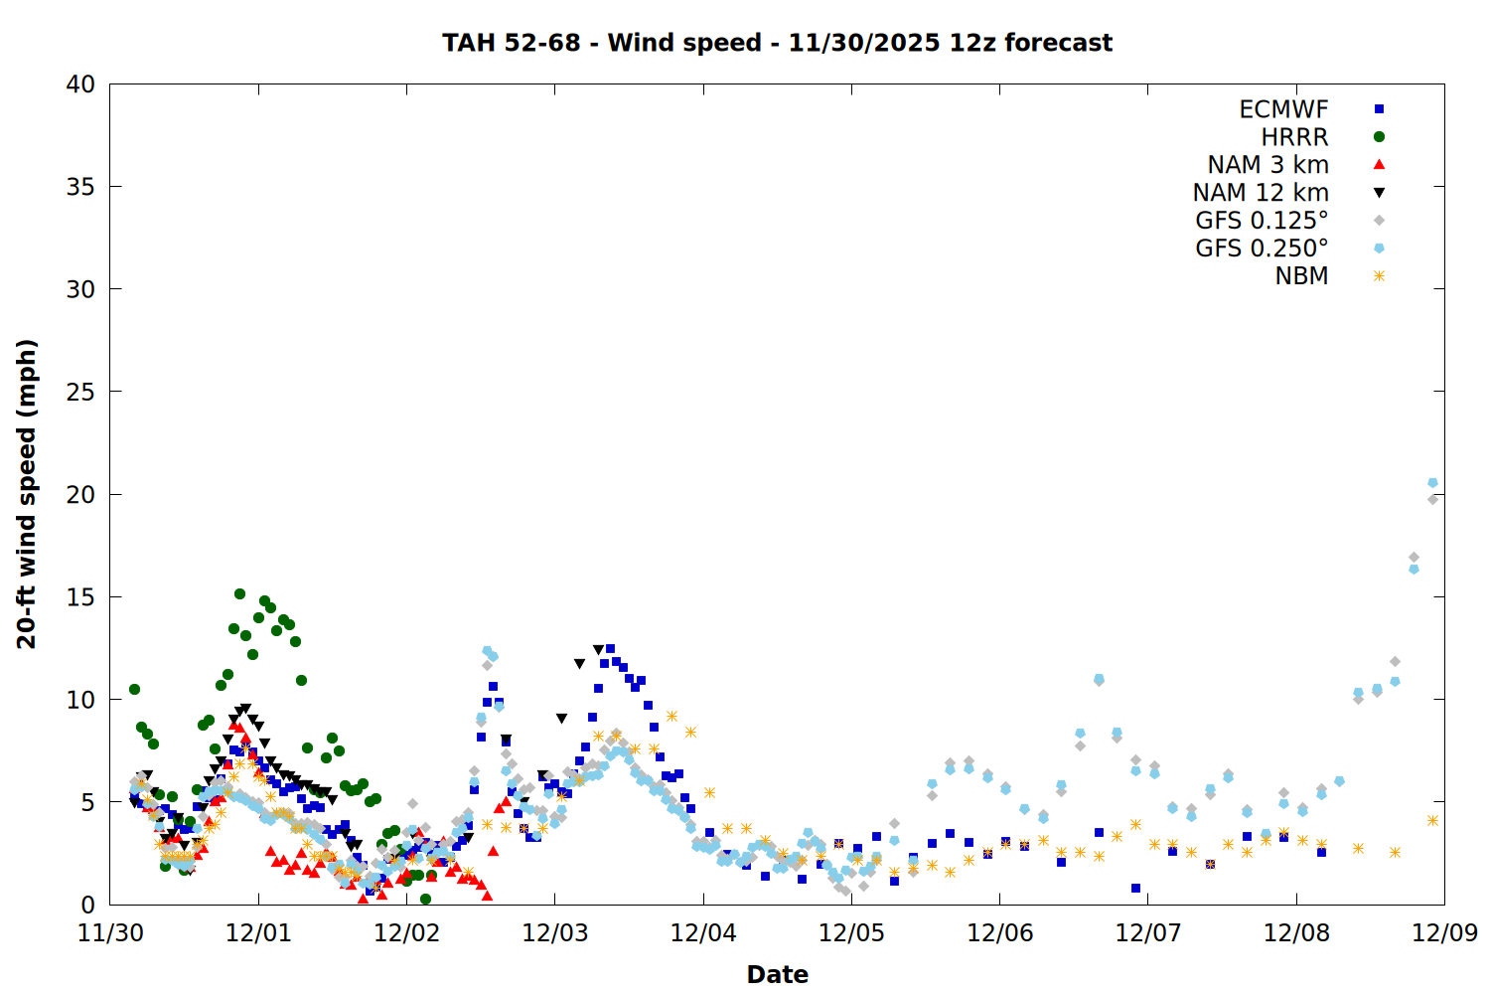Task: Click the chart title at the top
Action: (777, 43)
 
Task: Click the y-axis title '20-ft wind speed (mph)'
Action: (27, 494)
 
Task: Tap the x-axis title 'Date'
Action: (777, 974)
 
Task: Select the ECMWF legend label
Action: (1283, 109)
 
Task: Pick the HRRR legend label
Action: (1294, 137)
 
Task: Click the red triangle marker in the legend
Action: (1379, 164)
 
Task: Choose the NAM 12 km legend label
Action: (1261, 193)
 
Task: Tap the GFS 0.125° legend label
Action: (1262, 221)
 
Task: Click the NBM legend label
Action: (1301, 276)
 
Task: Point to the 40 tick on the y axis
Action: (80, 84)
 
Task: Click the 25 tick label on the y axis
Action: (80, 392)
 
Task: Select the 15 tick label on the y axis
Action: (80, 597)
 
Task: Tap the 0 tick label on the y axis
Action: (87, 905)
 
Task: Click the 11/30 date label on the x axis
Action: (109, 933)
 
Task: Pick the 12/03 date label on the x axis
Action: (554, 933)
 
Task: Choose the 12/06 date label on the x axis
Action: (999, 933)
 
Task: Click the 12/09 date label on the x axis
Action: (1444, 933)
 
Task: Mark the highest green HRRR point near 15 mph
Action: (239, 593)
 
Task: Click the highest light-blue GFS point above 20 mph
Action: (1432, 483)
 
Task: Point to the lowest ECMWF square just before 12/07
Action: (1135, 888)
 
